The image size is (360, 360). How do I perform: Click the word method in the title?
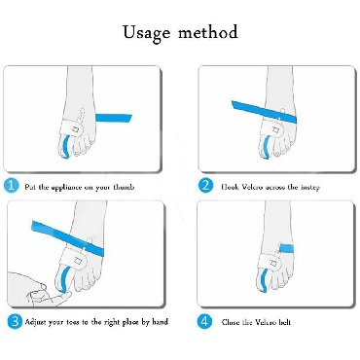click(x=208, y=32)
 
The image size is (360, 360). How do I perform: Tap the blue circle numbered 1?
click(x=12, y=186)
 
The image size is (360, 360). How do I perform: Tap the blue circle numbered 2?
click(x=205, y=186)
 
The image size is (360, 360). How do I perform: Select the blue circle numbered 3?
click(x=15, y=322)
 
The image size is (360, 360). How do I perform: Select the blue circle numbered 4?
click(x=204, y=322)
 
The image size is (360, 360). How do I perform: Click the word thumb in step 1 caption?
click(x=124, y=187)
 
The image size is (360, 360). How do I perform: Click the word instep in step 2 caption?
click(x=310, y=188)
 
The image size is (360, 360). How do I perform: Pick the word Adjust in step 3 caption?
click(x=36, y=322)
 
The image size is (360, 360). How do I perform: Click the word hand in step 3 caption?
click(x=160, y=322)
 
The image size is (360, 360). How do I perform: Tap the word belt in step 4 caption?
click(x=284, y=322)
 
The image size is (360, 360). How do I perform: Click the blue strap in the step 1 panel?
click(x=114, y=118)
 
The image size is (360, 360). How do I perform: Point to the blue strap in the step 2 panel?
click(x=264, y=111)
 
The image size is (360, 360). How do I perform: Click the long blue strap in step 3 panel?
click(x=67, y=237)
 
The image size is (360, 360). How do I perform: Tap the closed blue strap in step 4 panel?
click(x=286, y=249)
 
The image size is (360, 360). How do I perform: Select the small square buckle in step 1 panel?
click(x=76, y=129)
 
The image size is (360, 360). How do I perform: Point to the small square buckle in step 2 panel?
click(x=276, y=129)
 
